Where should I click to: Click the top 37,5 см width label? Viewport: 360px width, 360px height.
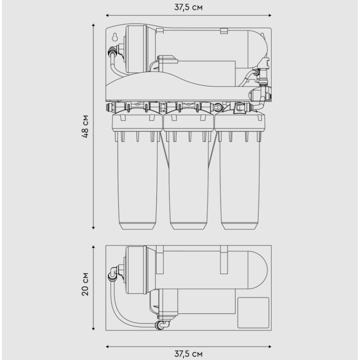click(x=188, y=7)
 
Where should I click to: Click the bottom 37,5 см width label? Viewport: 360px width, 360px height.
click(x=188, y=354)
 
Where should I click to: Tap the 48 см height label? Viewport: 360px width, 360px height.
click(x=85, y=126)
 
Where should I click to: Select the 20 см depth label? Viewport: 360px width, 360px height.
click(x=85, y=284)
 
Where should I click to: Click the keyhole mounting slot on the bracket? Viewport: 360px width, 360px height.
click(x=115, y=37)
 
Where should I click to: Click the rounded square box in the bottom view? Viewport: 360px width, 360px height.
click(x=253, y=313)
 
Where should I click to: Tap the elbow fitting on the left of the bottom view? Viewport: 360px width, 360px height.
click(x=114, y=273)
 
